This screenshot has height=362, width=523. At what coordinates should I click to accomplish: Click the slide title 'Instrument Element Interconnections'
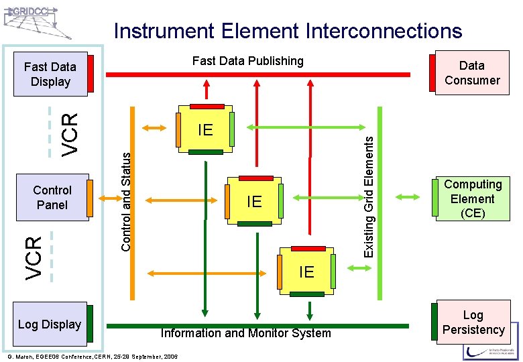click(288, 31)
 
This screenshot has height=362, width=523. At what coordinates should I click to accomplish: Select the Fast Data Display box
click(50, 74)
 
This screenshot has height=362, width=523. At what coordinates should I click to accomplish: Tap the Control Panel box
click(52, 198)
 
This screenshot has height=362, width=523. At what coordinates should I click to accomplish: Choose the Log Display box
click(50, 324)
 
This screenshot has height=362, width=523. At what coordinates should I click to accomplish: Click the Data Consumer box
click(471, 72)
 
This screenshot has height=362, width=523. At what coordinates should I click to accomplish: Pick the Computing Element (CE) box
click(472, 198)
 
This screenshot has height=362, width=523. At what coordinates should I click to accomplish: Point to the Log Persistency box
click(473, 322)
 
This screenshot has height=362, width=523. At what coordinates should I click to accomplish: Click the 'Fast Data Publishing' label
click(247, 61)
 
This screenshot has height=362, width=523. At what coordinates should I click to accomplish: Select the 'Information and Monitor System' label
click(245, 333)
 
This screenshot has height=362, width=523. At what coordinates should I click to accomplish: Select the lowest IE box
click(306, 271)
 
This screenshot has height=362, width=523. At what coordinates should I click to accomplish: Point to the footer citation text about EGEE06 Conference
click(92, 357)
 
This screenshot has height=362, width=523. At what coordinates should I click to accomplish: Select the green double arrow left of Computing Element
click(408, 197)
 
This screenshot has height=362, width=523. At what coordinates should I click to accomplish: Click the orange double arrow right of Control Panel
click(105, 197)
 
